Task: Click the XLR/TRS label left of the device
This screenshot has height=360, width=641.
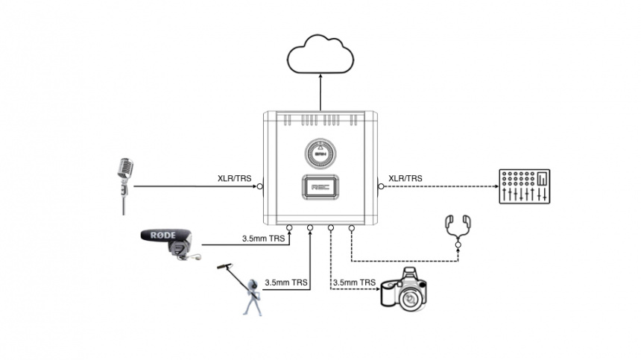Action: coord(235,178)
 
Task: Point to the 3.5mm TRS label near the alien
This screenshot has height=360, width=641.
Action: coord(288,283)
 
